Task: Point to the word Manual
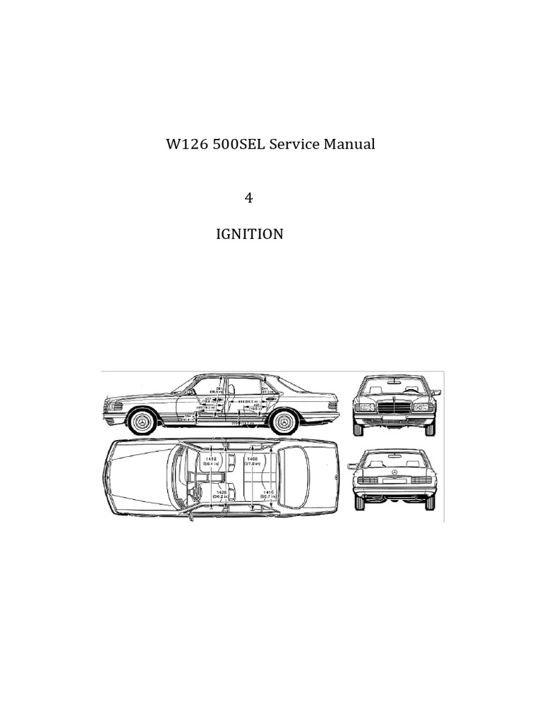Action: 349,145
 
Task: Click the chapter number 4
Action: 248,198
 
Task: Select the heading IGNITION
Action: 249,234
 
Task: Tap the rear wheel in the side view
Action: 283,422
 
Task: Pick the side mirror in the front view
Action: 435,392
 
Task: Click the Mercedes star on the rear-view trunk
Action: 395,472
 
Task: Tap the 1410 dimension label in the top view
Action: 267,495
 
